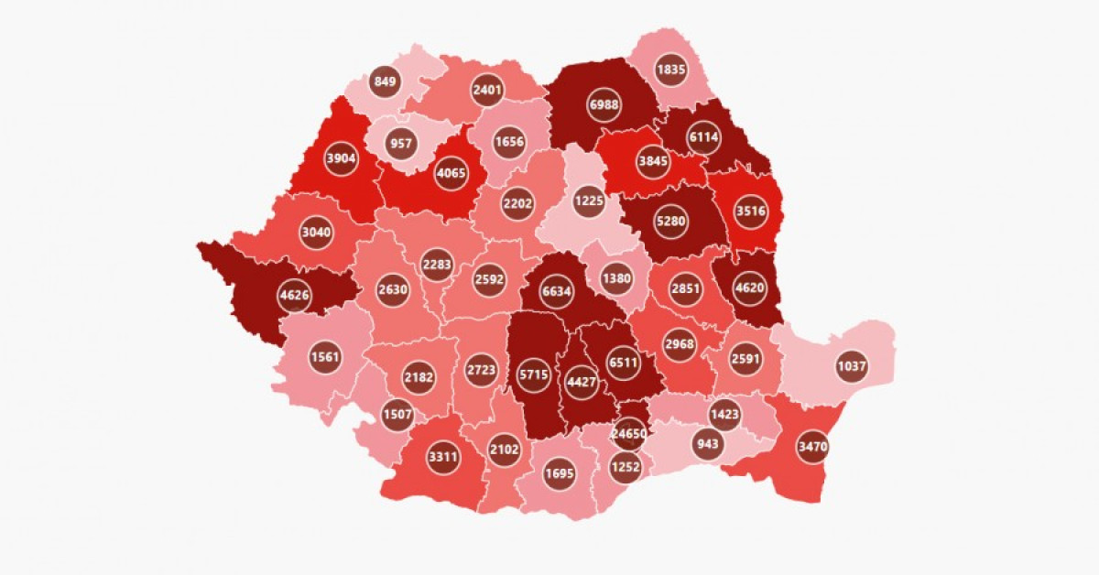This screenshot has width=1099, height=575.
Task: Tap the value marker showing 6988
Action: click(604, 105)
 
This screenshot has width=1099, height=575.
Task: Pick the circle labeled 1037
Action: click(852, 367)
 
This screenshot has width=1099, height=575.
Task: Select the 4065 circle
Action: click(451, 172)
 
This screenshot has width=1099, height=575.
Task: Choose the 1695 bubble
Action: click(559, 474)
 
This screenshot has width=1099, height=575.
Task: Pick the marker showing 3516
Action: click(750, 212)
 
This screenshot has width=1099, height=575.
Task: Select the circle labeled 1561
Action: click(326, 356)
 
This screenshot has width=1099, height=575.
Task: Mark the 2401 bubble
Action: click(488, 91)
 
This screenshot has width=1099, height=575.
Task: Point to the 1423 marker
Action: click(724, 414)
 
